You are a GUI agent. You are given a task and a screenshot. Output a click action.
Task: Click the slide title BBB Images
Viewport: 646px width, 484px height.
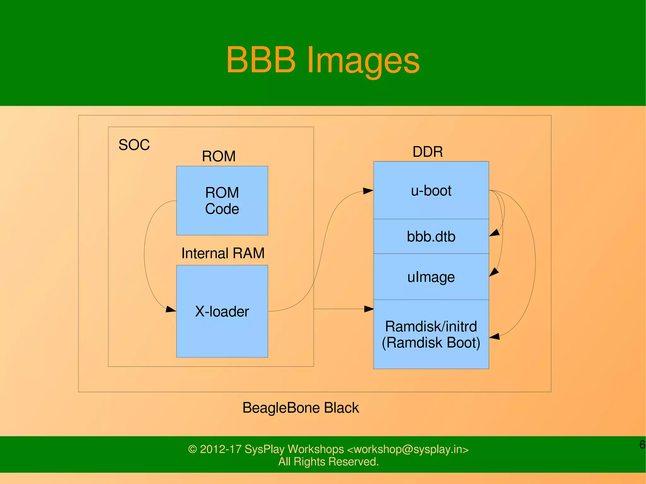click(x=323, y=60)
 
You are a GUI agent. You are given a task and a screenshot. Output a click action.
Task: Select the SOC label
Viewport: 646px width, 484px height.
click(x=134, y=145)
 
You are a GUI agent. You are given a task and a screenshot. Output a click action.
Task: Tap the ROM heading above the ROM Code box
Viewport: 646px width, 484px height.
click(x=219, y=156)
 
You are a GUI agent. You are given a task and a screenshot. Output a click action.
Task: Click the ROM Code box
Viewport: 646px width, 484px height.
click(x=222, y=201)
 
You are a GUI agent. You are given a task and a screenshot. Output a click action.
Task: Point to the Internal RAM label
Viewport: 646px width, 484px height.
click(x=223, y=253)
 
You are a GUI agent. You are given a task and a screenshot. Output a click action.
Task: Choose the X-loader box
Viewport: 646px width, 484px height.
click(x=222, y=311)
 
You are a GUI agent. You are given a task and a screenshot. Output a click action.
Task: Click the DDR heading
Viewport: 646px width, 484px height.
click(x=428, y=152)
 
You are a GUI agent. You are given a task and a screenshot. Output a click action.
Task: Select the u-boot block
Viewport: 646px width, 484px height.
click(x=431, y=190)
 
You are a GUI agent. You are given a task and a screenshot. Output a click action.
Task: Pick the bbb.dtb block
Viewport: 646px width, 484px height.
click(x=431, y=236)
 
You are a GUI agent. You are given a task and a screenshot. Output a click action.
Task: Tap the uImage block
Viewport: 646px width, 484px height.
click(x=431, y=277)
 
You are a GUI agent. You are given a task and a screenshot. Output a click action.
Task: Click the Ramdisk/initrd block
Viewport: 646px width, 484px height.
click(x=431, y=335)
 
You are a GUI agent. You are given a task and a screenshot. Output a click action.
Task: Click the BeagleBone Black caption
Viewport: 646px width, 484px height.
click(x=300, y=408)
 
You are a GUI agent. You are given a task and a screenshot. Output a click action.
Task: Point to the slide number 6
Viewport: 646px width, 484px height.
click(x=642, y=445)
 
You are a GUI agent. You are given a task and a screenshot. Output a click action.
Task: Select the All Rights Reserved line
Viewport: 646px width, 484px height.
click(x=328, y=462)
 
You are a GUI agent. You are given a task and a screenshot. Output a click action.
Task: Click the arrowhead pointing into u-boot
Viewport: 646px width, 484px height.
click(x=368, y=191)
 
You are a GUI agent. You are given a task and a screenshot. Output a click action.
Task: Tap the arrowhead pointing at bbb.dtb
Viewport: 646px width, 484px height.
click(x=494, y=233)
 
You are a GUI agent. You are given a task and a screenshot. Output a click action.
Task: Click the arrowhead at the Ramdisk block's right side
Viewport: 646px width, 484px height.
click(x=494, y=336)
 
